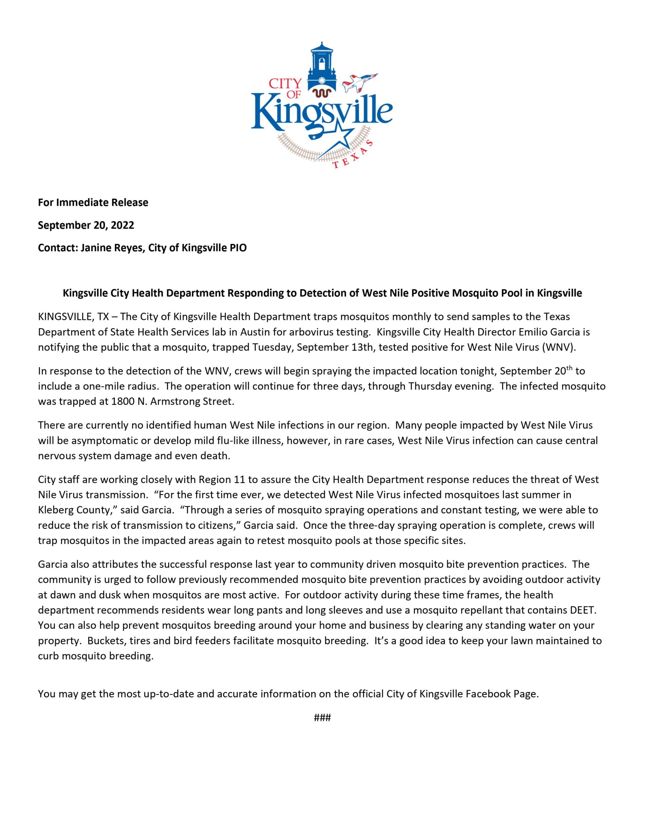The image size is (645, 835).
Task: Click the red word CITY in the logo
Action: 285,83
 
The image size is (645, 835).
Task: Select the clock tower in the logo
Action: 322,67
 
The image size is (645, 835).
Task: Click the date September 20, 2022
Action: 86,225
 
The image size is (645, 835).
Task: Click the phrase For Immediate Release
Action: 93,202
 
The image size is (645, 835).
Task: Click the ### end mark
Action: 322,718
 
